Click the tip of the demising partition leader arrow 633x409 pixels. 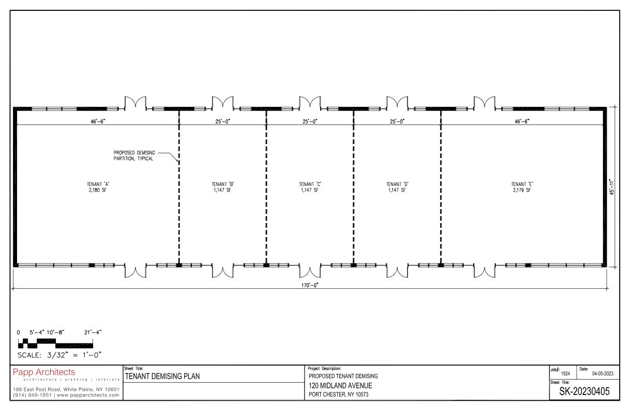178,162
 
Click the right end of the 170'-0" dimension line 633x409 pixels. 607,289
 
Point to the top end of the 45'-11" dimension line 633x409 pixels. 614,107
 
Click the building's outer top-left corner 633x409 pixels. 13,107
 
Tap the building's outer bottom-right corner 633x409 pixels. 607,267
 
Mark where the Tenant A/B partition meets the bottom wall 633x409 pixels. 179,265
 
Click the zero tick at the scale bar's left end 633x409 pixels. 19,343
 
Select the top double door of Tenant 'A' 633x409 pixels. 135,103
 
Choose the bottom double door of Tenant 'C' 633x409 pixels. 310,271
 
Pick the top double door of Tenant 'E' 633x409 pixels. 485,103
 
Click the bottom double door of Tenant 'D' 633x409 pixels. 397,271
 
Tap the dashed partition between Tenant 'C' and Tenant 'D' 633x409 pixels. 354,187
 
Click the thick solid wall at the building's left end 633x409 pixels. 16,187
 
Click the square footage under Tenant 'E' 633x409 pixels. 522,190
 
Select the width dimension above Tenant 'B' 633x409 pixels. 223,121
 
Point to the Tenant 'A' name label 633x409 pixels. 98,184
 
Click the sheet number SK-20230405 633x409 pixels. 584,391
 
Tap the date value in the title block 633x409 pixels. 603,373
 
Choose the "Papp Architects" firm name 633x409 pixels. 44,372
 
